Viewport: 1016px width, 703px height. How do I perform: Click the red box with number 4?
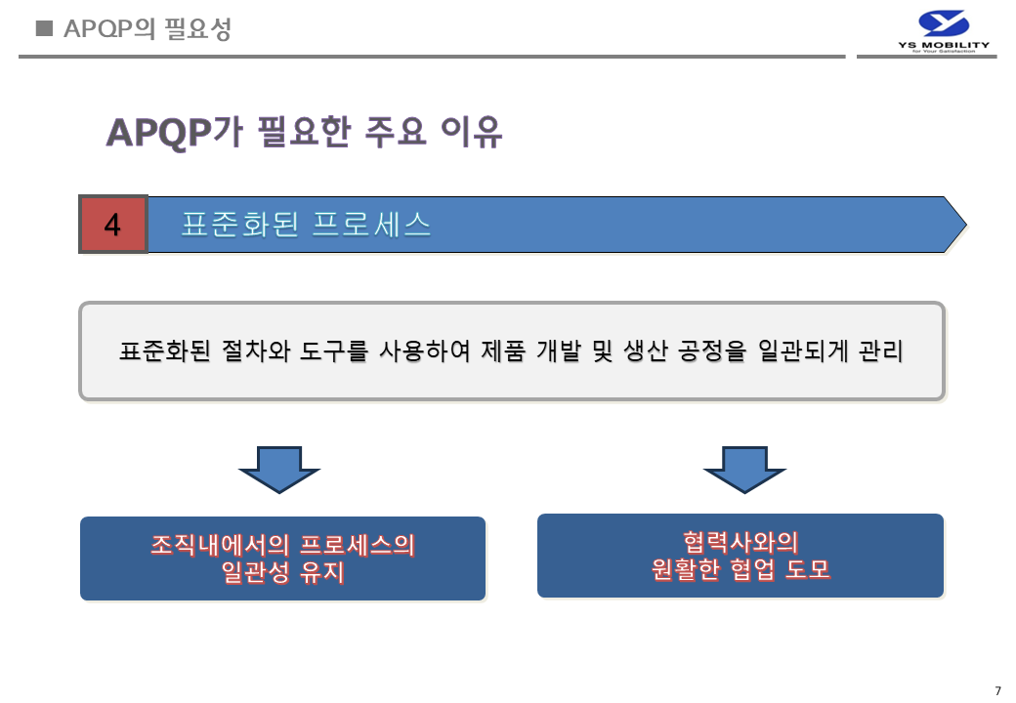(x=112, y=225)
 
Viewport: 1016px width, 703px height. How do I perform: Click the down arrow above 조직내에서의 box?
(x=279, y=470)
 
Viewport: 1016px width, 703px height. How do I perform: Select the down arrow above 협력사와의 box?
(x=744, y=470)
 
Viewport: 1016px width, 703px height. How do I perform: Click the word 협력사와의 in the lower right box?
(x=741, y=542)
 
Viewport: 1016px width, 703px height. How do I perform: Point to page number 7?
(x=997, y=691)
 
